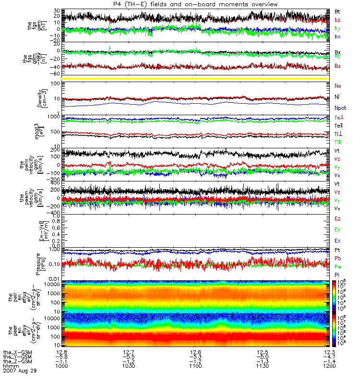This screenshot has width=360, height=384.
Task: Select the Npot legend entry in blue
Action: click(340, 108)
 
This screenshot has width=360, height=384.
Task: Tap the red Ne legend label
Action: click(337, 85)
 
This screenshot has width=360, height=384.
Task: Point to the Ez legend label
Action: click(337, 218)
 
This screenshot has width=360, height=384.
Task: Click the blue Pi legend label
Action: click(337, 275)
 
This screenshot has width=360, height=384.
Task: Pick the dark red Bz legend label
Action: click(337, 66)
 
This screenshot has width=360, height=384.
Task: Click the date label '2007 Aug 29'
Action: click(20, 371)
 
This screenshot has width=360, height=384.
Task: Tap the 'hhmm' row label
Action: click(11, 366)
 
